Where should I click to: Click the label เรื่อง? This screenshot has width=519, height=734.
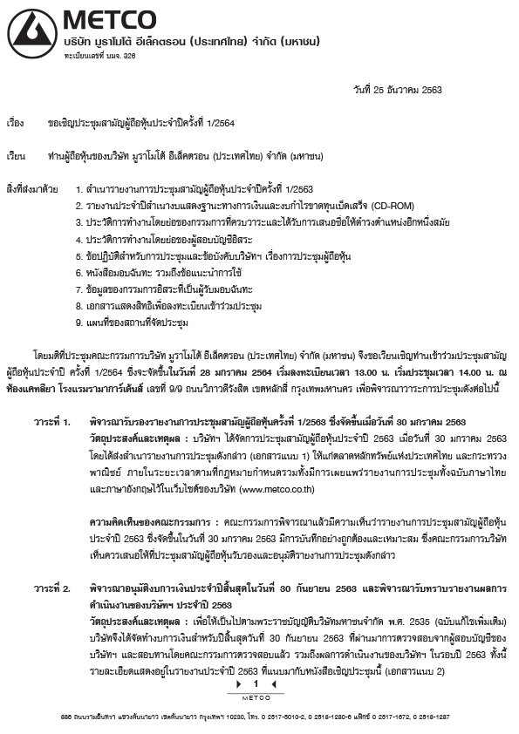click(17, 123)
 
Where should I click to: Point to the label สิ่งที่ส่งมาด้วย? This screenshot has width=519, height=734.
click(32, 189)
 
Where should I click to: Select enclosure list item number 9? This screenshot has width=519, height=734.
click(131, 322)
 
